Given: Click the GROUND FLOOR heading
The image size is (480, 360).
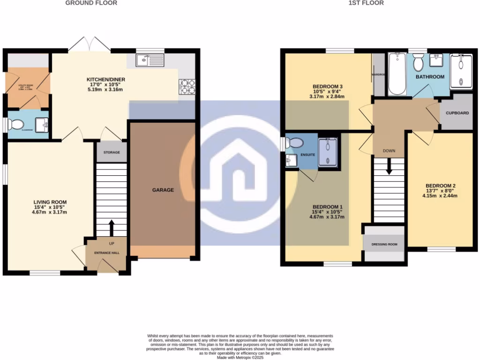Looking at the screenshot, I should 91,3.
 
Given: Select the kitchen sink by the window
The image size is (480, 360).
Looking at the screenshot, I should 150,60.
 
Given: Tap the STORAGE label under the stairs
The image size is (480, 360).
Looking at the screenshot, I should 112,152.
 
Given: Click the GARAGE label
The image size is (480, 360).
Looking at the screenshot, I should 163,190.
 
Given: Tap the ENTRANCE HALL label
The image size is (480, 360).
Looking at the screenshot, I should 107,253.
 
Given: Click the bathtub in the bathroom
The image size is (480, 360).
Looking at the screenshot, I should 397,74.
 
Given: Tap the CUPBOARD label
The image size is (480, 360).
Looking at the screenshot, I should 457,113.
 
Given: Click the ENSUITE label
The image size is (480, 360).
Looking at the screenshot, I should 307,154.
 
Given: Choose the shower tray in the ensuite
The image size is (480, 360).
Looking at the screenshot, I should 329,152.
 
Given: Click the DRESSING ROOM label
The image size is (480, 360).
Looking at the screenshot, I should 384,244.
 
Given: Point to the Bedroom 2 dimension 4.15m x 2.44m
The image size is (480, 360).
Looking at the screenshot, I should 441,196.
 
